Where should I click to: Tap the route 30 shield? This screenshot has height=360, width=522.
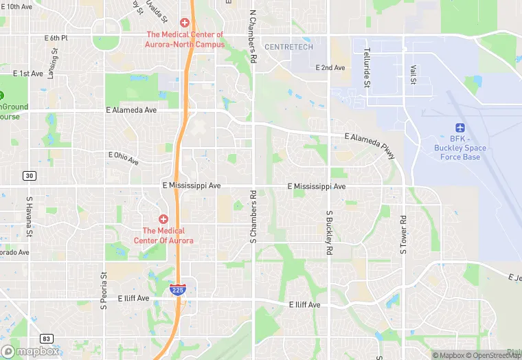point(28,175)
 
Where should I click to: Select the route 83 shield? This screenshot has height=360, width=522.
point(47,339)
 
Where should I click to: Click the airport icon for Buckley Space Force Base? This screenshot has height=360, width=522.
point(460,128)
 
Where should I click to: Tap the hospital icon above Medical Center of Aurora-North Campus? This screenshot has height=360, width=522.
point(184,23)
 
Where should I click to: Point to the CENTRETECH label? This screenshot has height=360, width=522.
point(288,47)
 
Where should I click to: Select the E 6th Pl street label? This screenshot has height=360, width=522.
point(56,38)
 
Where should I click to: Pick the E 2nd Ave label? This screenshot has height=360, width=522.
point(330,67)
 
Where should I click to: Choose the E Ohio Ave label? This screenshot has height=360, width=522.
point(124,158)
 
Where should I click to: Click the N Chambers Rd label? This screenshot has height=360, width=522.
point(253,37)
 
